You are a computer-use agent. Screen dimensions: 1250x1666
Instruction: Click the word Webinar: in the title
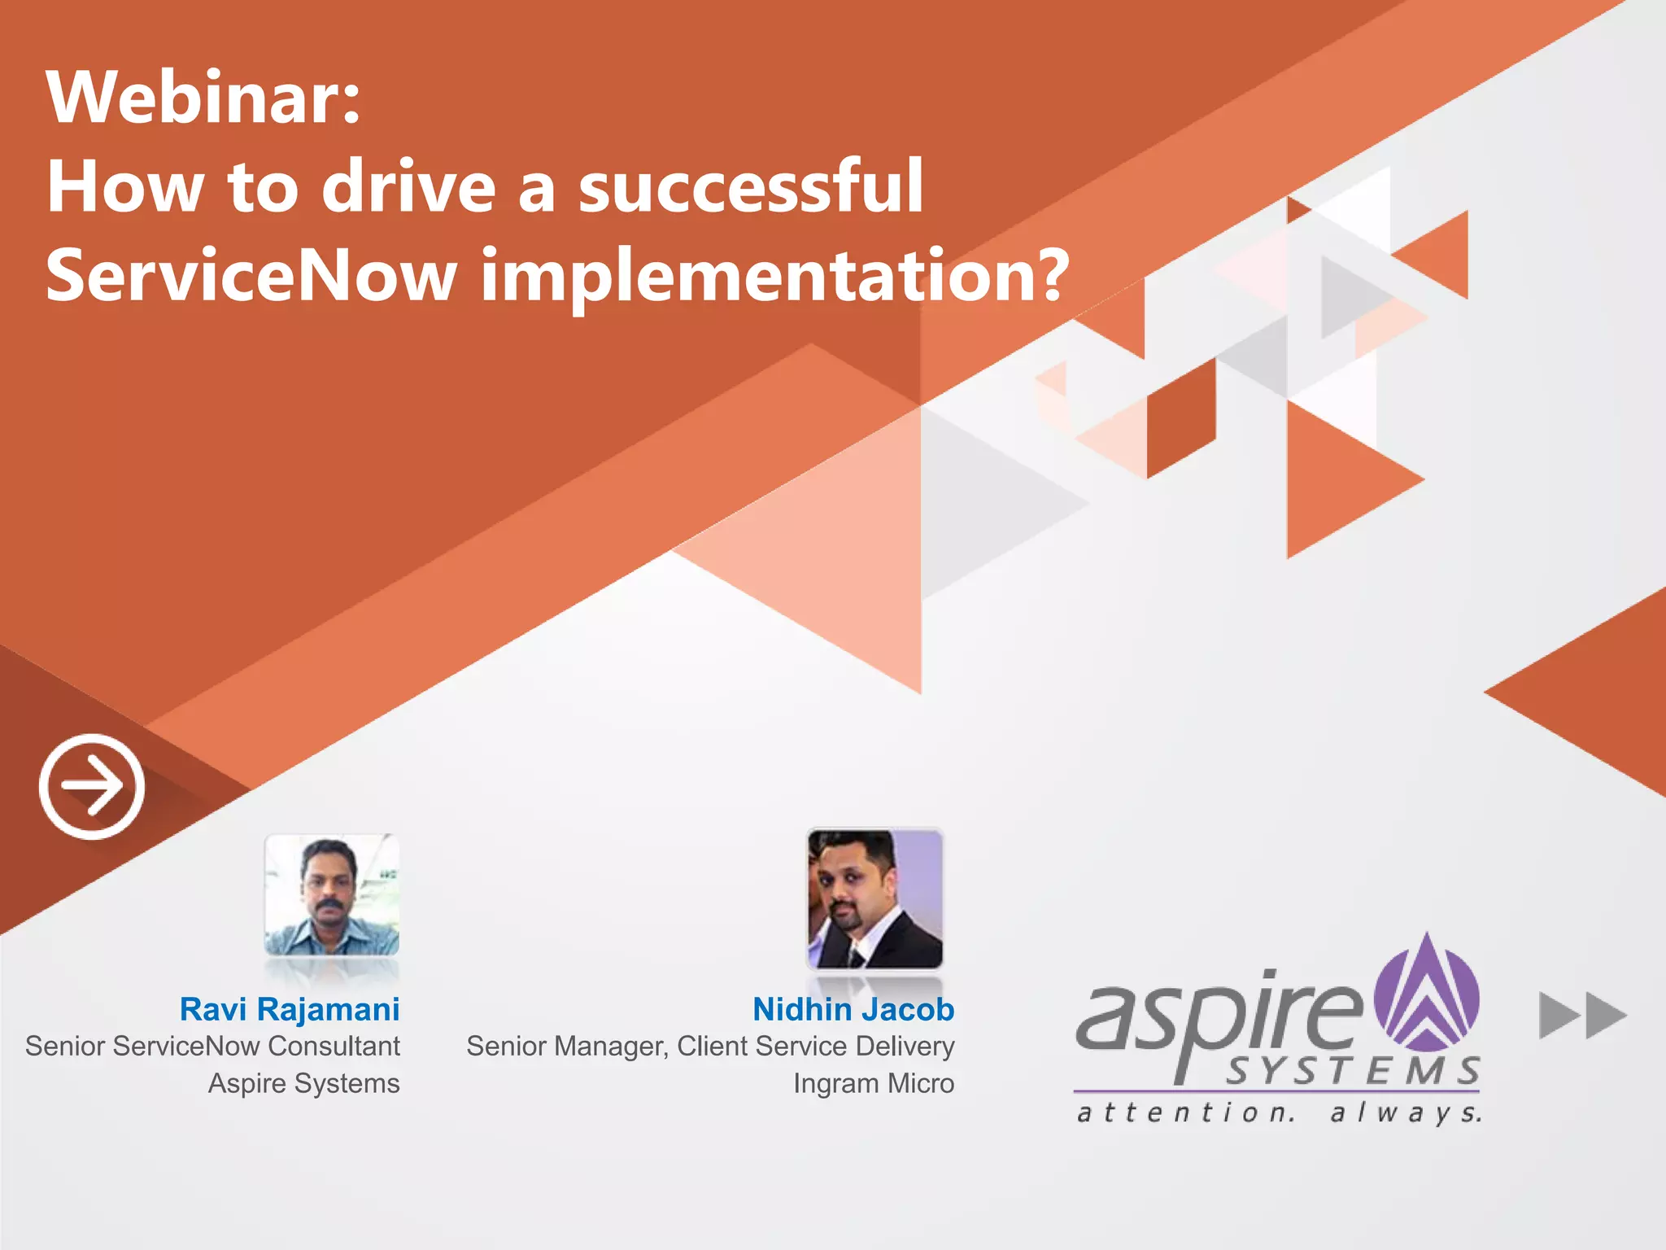203,98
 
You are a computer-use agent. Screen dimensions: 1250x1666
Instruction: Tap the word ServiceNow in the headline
251,275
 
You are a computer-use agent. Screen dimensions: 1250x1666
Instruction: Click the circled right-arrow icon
92,786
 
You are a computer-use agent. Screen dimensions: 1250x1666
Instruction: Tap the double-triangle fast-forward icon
1582,1015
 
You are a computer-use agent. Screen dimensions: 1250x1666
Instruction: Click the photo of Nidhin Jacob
874,898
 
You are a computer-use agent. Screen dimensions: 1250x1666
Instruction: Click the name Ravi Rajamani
290,1009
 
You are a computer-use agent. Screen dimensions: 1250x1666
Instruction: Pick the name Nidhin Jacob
853,1009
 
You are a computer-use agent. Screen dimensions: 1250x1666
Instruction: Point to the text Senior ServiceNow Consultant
212,1046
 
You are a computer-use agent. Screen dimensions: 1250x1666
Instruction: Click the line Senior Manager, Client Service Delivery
710,1046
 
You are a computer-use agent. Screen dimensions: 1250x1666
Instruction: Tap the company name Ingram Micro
874,1083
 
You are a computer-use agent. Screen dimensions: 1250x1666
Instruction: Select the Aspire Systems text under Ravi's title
304,1083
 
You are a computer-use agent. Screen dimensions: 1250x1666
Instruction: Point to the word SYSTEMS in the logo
1353,1071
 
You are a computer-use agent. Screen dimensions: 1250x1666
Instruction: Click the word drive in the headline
409,187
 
